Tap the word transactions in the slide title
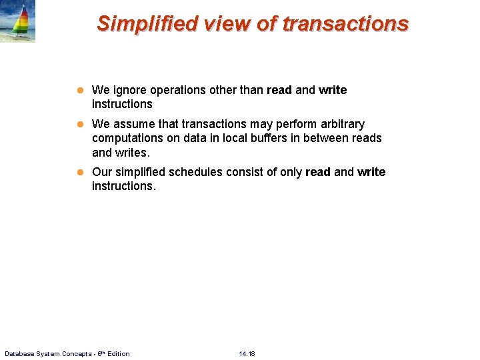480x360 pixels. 345,23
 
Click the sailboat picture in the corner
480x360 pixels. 18,22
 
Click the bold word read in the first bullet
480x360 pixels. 279,90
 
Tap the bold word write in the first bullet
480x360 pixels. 333,90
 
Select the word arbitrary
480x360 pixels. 341,124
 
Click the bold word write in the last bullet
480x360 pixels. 371,172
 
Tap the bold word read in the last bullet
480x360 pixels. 317,172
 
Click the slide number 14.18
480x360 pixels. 247,353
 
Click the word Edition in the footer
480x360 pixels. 117,353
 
